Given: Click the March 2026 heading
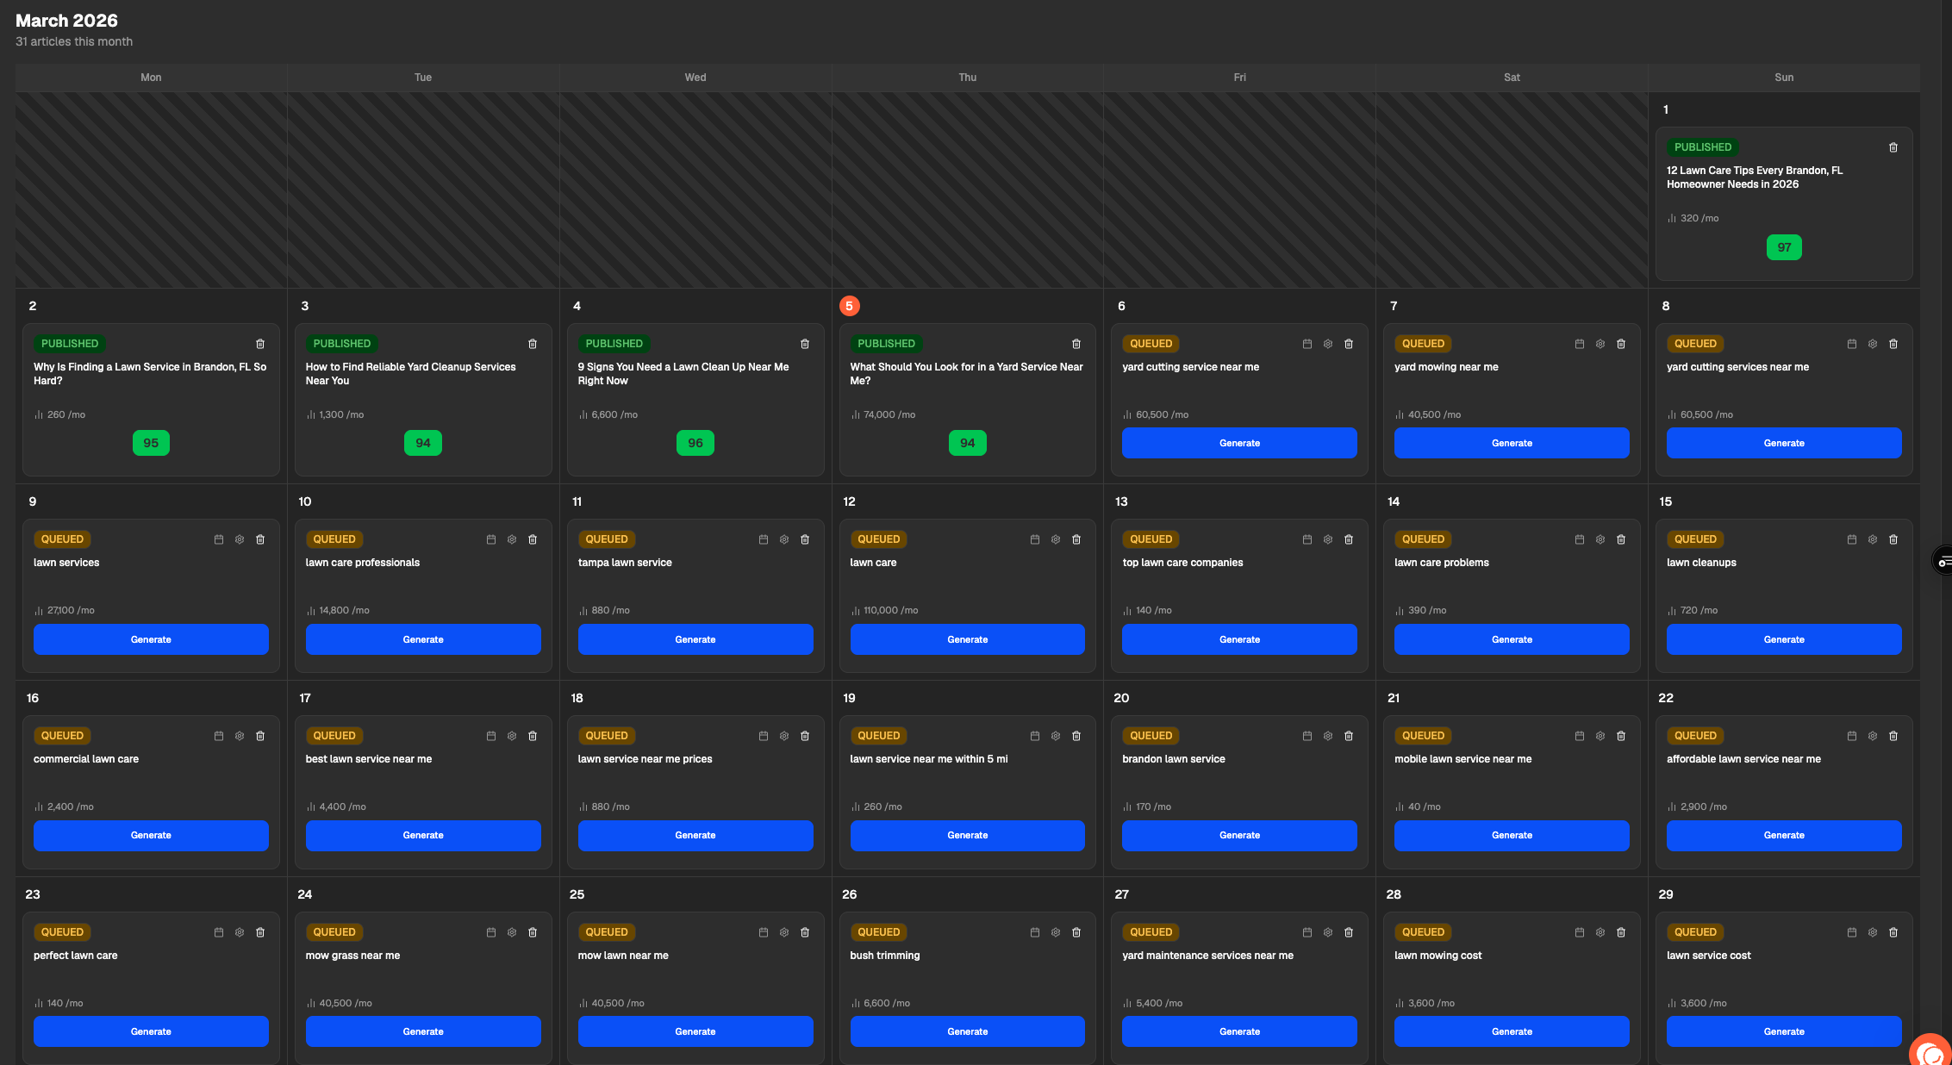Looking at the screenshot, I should [x=66, y=21].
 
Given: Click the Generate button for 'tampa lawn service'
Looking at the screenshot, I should [x=695, y=639].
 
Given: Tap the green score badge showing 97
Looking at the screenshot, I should [x=1783, y=247].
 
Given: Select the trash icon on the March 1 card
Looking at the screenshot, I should [x=1893, y=147].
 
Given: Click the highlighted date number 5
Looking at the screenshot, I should [x=849, y=306].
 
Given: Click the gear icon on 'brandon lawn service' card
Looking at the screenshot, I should [x=1327, y=736].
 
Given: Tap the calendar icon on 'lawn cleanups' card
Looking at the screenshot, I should [x=1851, y=539].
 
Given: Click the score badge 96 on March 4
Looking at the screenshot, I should [x=695, y=443].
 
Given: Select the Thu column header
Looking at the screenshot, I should [x=967, y=78].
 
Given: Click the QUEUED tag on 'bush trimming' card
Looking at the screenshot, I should [x=878, y=932].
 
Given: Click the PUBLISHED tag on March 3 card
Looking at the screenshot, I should [x=341, y=344].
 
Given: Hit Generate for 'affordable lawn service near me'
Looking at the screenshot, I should [x=1783, y=835].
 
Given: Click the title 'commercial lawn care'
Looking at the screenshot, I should [x=86, y=759].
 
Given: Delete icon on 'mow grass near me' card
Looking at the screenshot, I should [x=532, y=932].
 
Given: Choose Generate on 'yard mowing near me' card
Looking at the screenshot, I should [x=1511, y=443].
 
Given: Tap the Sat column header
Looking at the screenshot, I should [x=1511, y=78].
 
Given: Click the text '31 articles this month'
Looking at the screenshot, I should [x=74, y=41].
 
